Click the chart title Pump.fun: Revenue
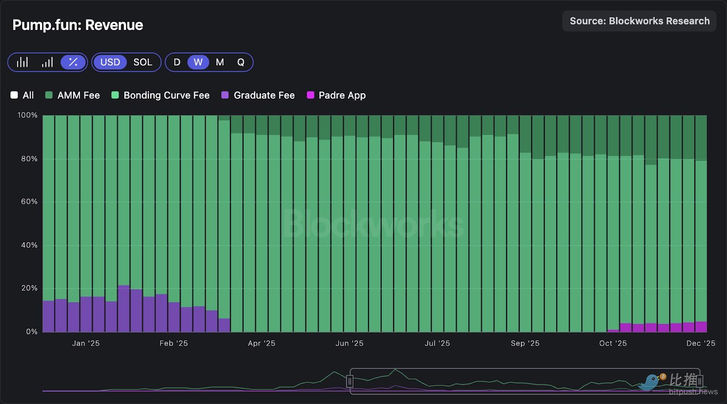[78, 25]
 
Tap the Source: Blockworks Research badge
[639, 21]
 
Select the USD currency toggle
[110, 62]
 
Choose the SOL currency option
[143, 62]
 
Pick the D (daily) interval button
[177, 62]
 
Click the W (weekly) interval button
[198, 62]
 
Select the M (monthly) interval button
[220, 62]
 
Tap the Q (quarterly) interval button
[241, 62]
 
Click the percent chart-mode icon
[73, 62]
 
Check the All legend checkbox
[15, 95]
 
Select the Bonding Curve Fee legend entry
[160, 95]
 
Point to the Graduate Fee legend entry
[258, 95]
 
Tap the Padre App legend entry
[336, 95]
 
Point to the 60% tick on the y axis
[29, 201]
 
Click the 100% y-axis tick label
[27, 115]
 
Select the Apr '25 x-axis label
[261, 344]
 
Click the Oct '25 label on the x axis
[612, 344]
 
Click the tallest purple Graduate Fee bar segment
[124, 309]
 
